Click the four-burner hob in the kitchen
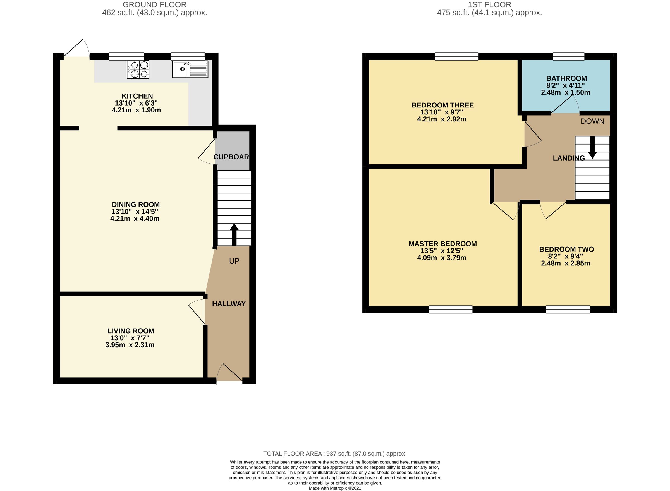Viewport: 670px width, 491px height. [x=138, y=70]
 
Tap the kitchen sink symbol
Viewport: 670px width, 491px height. [x=190, y=70]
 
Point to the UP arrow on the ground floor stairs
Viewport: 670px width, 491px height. [x=234, y=234]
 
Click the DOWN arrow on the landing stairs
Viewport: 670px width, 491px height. [x=592, y=147]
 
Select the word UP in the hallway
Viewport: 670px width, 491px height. [x=234, y=261]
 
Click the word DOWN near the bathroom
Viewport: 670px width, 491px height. [x=592, y=121]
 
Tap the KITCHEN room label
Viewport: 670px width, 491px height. [x=137, y=96]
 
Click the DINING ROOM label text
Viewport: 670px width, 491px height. [x=136, y=205]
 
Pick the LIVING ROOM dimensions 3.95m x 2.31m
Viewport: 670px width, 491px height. [x=130, y=345]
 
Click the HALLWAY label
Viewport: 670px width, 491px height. [x=229, y=304]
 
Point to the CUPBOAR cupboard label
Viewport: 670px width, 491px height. [x=231, y=157]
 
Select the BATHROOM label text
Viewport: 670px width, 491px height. [x=566, y=78]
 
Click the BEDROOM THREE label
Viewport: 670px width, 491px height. [x=442, y=105]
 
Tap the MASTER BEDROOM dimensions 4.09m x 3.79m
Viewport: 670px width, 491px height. [x=441, y=258]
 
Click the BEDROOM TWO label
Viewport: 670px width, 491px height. [x=566, y=249]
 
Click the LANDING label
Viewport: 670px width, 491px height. [x=568, y=158]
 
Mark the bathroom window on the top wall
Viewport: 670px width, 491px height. [x=568, y=56]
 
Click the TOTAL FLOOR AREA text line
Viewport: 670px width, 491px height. [x=335, y=454]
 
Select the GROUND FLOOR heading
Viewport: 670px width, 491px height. [x=154, y=5]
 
